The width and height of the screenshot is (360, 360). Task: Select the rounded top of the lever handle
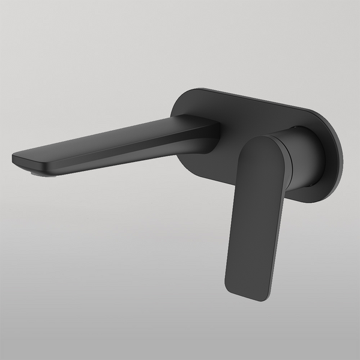click(x=258, y=141)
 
